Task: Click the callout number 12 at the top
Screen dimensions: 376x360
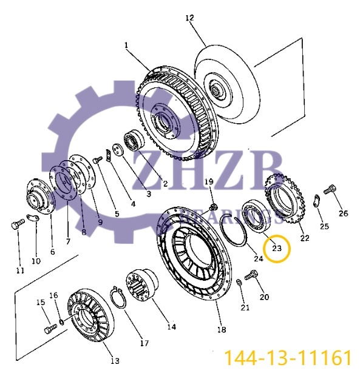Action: pos(189,18)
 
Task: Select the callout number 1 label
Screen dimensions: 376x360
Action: pos(126,45)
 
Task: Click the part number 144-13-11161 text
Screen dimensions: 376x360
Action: pos(288,357)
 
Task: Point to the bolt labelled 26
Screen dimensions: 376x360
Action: pos(330,190)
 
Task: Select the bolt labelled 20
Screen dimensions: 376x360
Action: pos(251,277)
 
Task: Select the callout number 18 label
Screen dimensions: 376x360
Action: pos(222,329)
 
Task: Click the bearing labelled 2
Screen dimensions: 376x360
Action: pos(134,141)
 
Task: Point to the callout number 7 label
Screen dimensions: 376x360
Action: pos(68,241)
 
